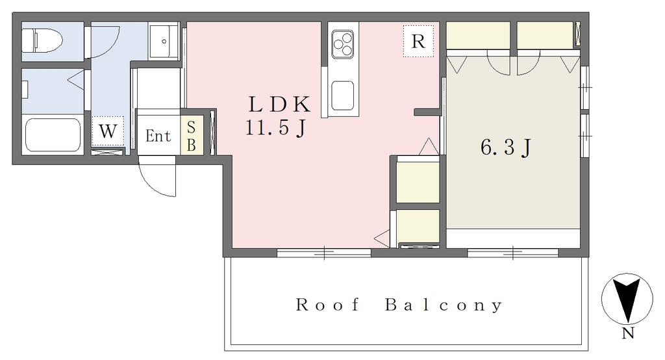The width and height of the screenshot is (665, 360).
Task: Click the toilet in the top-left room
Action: click(x=42, y=40)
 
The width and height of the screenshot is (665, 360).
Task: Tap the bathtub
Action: click(x=53, y=134)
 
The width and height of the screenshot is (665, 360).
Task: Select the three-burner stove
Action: click(x=343, y=44)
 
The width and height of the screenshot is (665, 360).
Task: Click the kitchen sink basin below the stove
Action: click(x=343, y=96)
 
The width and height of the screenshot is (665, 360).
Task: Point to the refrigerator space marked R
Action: click(x=418, y=41)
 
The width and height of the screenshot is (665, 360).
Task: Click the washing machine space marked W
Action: click(x=108, y=131)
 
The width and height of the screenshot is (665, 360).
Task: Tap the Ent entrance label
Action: click(x=158, y=136)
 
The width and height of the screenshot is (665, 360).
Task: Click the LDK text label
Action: click(x=279, y=105)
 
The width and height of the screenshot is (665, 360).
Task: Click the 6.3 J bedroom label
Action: click(x=506, y=148)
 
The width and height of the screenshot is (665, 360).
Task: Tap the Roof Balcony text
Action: click(x=399, y=305)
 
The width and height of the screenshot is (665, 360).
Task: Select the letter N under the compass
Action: click(x=628, y=333)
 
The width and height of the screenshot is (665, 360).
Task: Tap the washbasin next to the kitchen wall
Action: click(x=164, y=41)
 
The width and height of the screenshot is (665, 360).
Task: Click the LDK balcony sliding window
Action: click(x=324, y=253)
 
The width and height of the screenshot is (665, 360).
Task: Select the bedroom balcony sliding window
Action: click(x=513, y=253)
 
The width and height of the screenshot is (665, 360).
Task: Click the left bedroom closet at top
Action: click(x=478, y=35)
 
